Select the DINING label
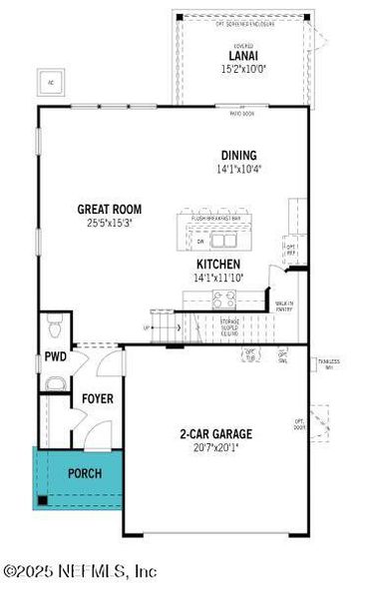(239, 155)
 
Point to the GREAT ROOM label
(110, 210)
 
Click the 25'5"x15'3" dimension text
(110, 223)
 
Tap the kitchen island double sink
(223, 241)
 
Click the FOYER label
(98, 398)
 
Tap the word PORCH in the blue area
(84, 472)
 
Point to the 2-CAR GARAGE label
(215, 433)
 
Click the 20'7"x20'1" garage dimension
(215, 447)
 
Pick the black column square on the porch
(44, 500)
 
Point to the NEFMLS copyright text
(80, 572)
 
